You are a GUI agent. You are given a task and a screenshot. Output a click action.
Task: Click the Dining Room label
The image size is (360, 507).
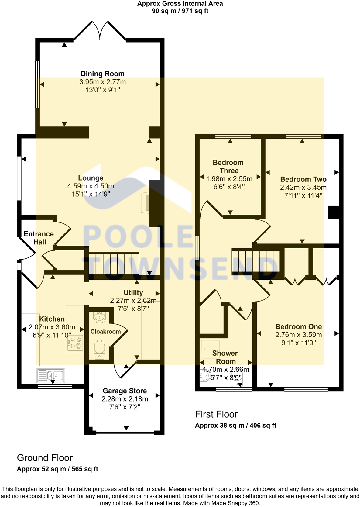(x=102, y=74)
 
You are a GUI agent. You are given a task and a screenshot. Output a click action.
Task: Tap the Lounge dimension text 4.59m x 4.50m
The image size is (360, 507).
(x=91, y=186)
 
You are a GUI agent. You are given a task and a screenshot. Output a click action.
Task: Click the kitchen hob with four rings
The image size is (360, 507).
(x=75, y=343)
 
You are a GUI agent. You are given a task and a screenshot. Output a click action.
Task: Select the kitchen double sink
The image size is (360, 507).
(x=51, y=376)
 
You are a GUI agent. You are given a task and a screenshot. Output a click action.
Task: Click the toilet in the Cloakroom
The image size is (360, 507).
(x=99, y=349)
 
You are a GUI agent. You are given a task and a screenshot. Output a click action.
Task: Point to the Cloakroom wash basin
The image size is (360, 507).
(x=99, y=318)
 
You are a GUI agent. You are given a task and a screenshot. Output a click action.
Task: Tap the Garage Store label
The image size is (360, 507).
(x=125, y=391)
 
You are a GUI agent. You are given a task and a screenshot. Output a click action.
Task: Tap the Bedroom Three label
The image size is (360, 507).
(x=228, y=167)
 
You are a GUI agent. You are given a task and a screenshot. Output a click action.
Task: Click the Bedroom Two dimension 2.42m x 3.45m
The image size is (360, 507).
(x=303, y=188)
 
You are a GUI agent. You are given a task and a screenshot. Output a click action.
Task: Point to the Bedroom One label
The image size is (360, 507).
(x=298, y=327)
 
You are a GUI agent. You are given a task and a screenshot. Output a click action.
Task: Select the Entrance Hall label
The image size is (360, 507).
(x=39, y=238)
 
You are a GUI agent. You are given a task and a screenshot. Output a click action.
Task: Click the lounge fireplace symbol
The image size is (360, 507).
(x=146, y=202)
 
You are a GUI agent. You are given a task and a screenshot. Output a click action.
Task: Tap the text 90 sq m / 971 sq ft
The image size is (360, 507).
(x=180, y=11)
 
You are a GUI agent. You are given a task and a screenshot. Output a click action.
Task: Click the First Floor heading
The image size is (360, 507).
(x=216, y=414)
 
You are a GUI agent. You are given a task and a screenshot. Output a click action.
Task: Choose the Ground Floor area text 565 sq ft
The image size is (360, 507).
(x=85, y=469)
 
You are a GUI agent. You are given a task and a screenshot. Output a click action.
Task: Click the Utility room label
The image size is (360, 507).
(x=133, y=292)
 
